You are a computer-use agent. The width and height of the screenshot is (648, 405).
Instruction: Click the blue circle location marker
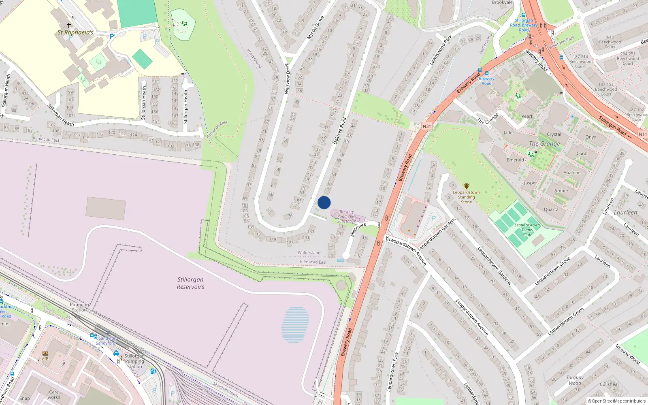click(x=324, y=202)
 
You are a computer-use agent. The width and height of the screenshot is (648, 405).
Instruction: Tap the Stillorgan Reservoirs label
click(x=190, y=283)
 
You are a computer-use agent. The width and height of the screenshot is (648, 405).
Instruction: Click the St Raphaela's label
click(x=75, y=32)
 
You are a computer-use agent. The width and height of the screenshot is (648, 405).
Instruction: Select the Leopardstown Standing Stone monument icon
click(x=466, y=186)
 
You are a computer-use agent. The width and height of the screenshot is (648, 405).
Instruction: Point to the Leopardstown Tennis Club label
click(x=527, y=230)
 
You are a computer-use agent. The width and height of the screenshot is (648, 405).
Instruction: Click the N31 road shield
click(x=427, y=126)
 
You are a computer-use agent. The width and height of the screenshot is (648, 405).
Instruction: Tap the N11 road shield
click(x=642, y=134)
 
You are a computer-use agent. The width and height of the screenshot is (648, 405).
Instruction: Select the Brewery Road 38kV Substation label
click(x=347, y=216)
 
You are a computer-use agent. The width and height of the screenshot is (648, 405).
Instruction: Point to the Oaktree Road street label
click(x=340, y=131)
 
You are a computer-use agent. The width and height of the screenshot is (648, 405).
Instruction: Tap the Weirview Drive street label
click(x=287, y=79)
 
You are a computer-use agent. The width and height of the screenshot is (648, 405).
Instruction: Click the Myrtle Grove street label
click(x=315, y=28)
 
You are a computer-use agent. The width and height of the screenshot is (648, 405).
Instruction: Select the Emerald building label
click(x=515, y=160)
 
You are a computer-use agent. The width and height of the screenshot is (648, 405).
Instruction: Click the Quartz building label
click(x=551, y=209)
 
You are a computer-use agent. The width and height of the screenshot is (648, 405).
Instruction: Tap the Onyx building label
click(x=590, y=137)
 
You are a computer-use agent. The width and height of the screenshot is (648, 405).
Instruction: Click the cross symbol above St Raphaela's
click(x=69, y=25)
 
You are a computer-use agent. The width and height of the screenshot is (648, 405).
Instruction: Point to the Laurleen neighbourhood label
click(x=625, y=213)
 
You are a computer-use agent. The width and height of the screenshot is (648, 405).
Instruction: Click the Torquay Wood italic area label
click(x=575, y=380)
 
